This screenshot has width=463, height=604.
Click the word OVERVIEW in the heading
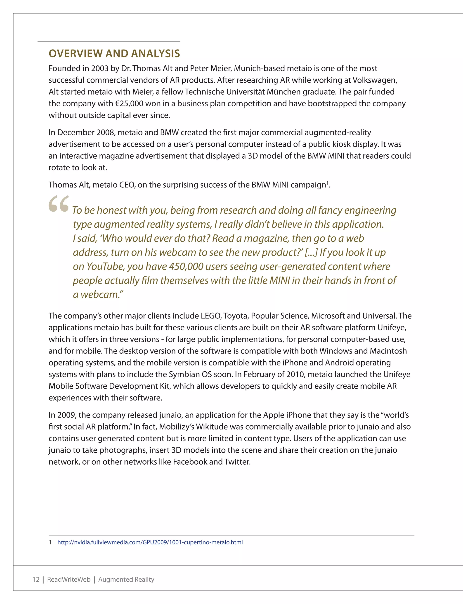76,53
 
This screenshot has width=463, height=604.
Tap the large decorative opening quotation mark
58,204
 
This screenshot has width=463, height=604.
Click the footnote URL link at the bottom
150,542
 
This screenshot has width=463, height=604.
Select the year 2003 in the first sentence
99,68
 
